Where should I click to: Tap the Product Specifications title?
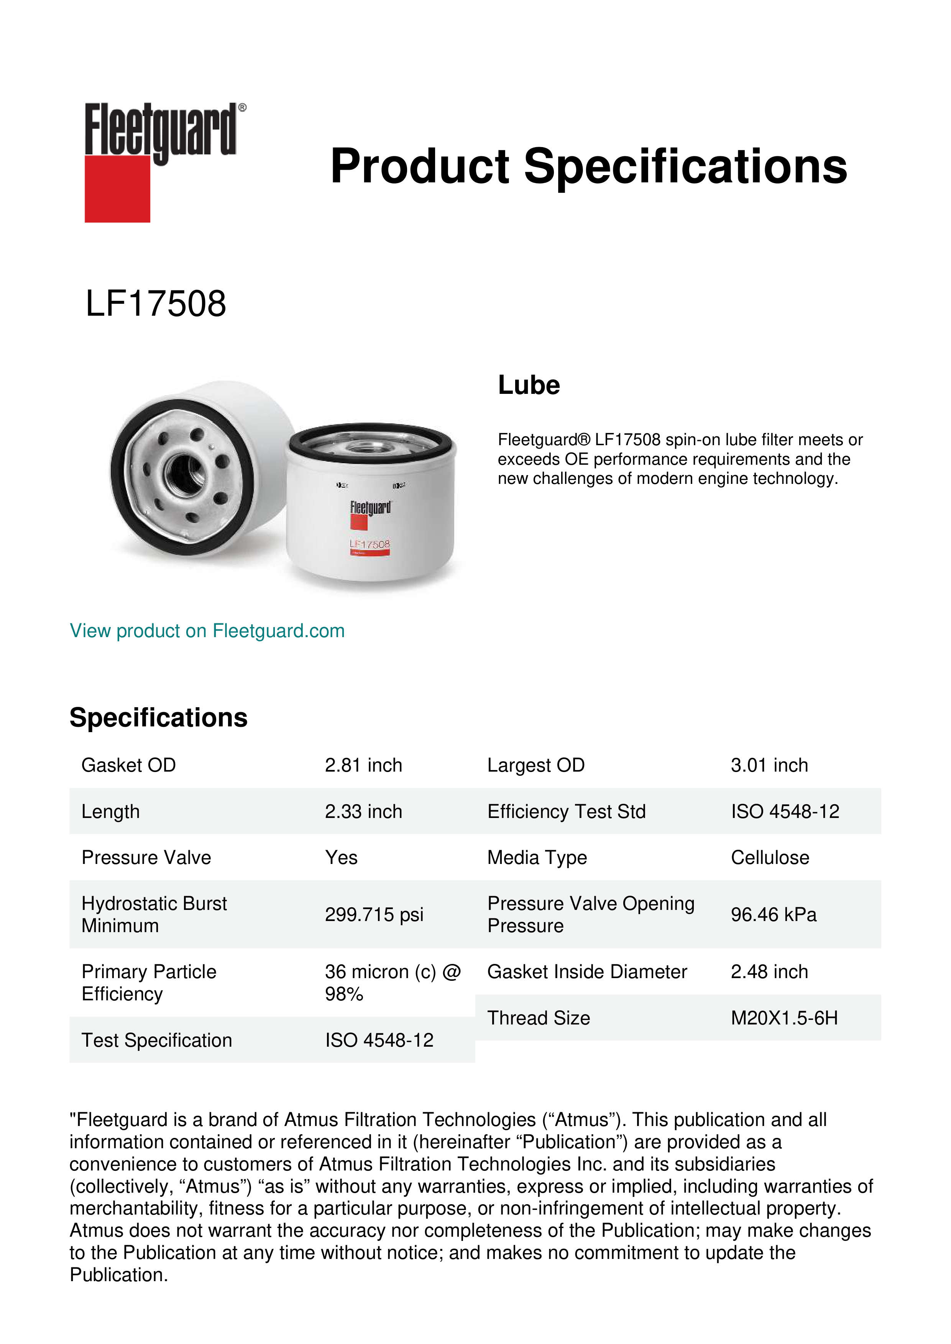[588, 166]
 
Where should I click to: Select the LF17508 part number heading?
[156, 304]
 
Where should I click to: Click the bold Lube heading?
[529, 385]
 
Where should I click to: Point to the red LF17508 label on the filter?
[370, 544]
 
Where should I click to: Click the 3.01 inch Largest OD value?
[769, 765]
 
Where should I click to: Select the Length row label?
[111, 811]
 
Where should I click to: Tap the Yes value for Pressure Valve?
[342, 857]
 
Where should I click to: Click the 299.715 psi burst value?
[374, 915]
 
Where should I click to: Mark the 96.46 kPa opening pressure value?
[774, 915]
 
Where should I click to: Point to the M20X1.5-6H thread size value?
[784, 1018]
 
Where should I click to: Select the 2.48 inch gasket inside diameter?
[769, 972]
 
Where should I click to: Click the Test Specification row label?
[157, 1040]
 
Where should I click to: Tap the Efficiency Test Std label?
[566, 811]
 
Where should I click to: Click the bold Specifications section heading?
[159, 718]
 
